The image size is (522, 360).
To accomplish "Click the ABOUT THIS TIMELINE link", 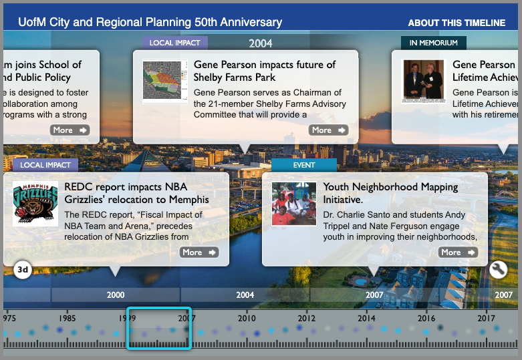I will tap(456, 23).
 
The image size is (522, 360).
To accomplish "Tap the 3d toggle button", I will tap(23, 271).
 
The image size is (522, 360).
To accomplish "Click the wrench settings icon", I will tap(499, 269).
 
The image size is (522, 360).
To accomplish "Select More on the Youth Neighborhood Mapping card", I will tap(458, 252).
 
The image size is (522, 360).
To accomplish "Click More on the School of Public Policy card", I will tap(70, 130).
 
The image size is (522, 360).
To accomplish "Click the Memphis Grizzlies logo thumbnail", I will tap(35, 204).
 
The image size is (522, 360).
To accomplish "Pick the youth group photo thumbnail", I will tap(294, 204).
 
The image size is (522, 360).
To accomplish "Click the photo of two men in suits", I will tap(423, 81).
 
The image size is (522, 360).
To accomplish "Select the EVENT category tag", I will tap(303, 165).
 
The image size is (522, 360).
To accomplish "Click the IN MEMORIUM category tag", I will tap(433, 43).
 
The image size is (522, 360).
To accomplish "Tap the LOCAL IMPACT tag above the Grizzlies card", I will tap(45, 165).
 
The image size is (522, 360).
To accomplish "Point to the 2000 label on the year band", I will tap(116, 295).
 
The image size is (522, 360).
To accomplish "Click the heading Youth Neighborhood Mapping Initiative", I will tap(390, 193).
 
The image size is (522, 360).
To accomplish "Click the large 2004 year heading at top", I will tap(261, 43).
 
